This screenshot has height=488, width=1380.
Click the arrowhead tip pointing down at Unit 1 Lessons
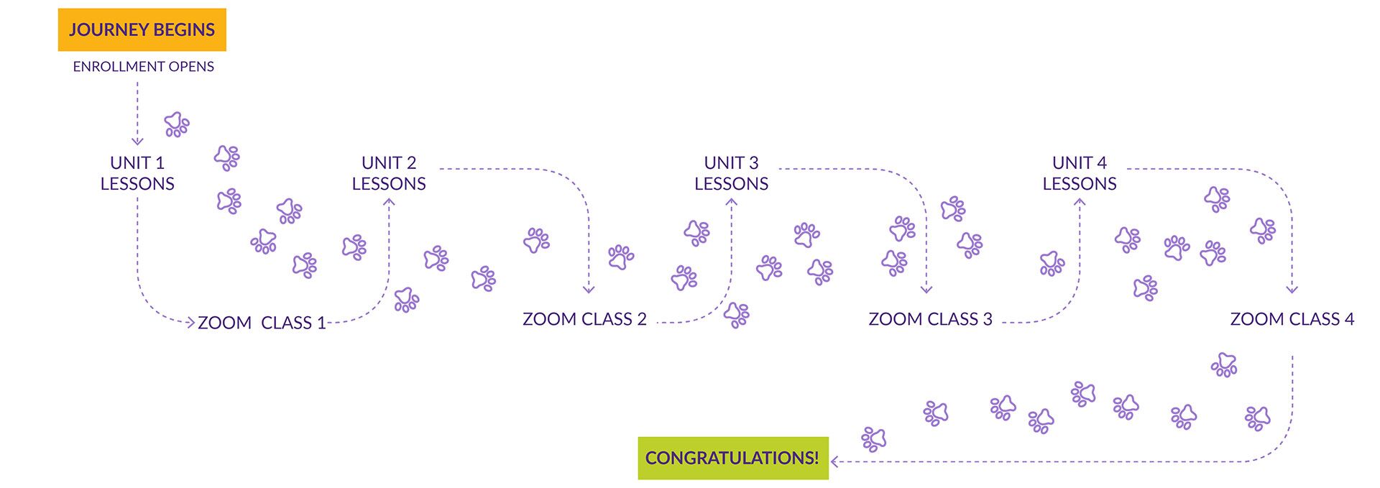pos(137,145)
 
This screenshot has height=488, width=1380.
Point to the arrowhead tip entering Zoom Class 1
pos(195,322)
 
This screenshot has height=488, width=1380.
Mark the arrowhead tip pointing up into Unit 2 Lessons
pos(389,198)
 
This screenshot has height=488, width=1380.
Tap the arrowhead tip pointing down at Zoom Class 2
pos(589,293)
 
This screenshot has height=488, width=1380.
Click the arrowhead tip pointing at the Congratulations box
pos(831,461)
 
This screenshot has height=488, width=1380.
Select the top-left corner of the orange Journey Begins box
pos(58,9)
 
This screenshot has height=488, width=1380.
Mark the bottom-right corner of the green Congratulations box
pos(829,479)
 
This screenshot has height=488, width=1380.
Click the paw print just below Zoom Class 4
pos(1224,365)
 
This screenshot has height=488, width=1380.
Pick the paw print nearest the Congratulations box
pos(874,438)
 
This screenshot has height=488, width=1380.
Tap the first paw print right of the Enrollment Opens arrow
pos(177,124)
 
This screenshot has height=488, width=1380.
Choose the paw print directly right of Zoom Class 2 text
pos(737,315)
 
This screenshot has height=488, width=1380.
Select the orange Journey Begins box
pos(142,29)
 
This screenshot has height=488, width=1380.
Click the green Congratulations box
pos(733,458)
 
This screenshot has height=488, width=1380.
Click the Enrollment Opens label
pos(144,67)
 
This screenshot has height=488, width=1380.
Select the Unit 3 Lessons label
pos(732,173)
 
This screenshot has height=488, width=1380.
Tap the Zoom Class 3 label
pos(930,319)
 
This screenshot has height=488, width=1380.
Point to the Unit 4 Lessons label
pos(1080,173)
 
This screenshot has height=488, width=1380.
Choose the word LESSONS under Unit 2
pos(389,184)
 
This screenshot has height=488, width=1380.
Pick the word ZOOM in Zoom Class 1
pos(224,323)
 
